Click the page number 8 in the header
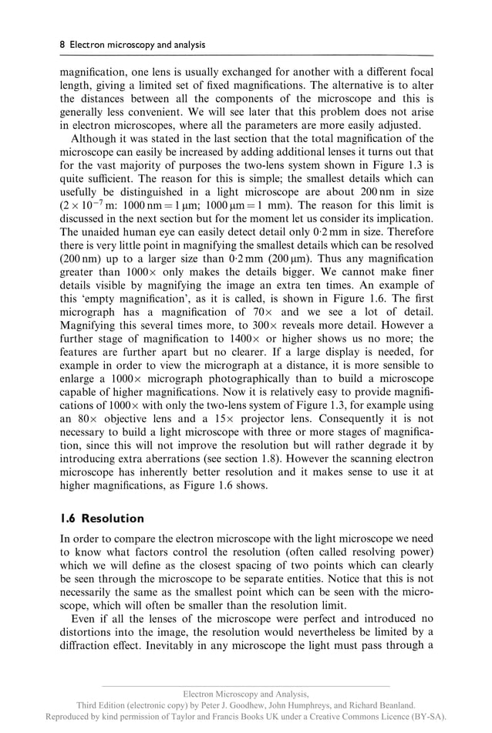click(62, 46)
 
